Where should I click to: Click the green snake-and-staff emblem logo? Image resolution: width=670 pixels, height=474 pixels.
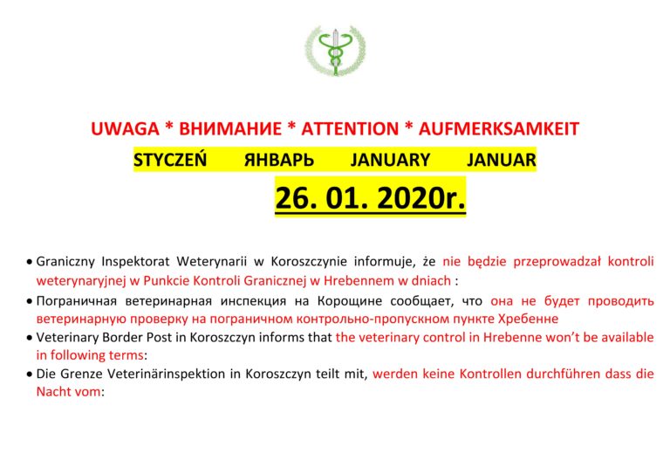(335, 51)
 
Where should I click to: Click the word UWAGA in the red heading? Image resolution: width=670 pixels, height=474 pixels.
(125, 128)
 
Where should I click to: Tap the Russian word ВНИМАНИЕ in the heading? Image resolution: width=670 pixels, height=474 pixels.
(230, 128)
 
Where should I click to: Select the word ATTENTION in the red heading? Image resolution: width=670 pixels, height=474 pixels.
(350, 128)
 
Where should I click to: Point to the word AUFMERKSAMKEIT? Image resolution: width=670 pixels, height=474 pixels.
(499, 128)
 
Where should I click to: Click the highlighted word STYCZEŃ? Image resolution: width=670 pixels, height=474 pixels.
(170, 160)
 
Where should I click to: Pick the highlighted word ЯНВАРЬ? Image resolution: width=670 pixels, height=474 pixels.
(279, 161)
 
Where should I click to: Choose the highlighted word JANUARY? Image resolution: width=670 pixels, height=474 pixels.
(390, 161)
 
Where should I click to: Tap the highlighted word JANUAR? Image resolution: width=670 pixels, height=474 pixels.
(502, 161)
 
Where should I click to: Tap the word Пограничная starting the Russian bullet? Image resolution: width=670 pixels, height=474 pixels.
(77, 301)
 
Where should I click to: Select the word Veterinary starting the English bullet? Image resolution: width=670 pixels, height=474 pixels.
(67, 338)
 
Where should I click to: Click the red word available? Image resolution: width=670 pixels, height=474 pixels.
(628, 337)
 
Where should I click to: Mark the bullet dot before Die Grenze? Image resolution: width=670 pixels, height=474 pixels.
(29, 374)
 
